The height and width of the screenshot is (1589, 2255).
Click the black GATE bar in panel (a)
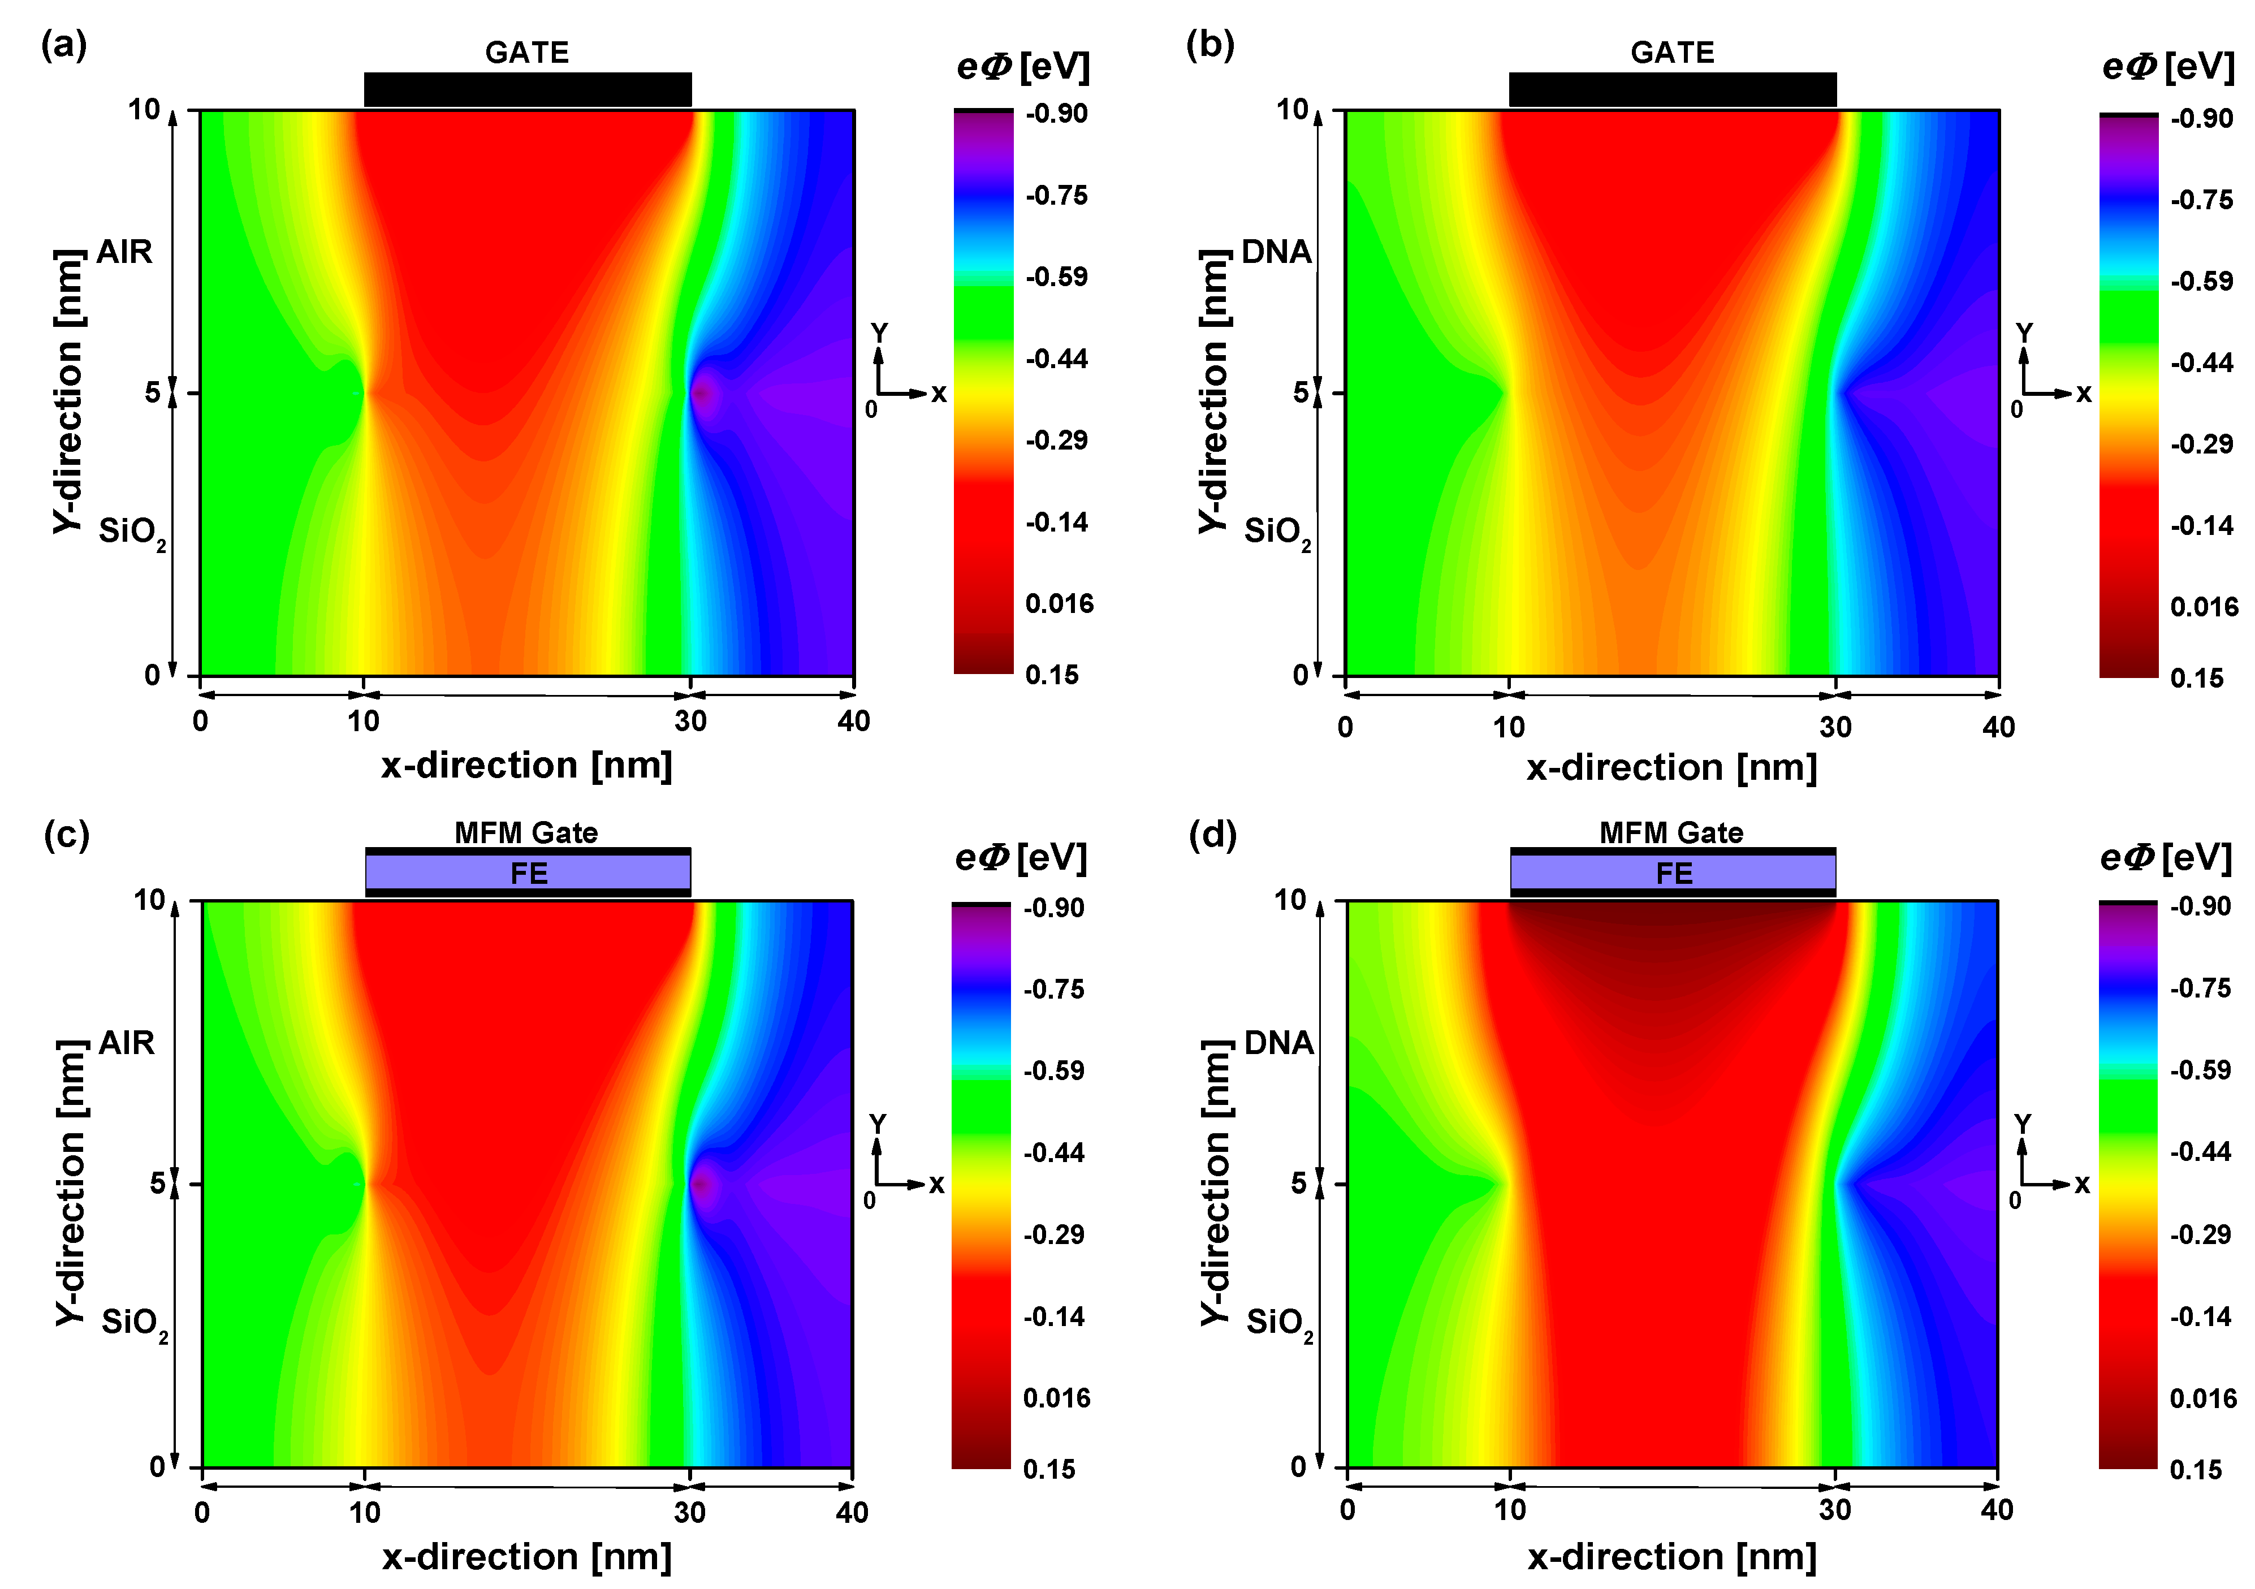click(528, 89)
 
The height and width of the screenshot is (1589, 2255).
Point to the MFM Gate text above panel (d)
click(1671, 833)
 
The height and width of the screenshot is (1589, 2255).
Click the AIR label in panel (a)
click(125, 252)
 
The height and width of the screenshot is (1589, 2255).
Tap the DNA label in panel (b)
click(1276, 252)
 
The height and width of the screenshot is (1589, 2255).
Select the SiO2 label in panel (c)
click(133, 1323)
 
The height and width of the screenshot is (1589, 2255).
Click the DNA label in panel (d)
click(1278, 1043)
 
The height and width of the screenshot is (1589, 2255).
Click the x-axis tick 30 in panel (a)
click(690, 721)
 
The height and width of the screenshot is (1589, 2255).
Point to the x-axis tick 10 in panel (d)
click(1510, 1510)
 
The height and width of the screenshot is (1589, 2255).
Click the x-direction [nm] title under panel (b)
click(1671, 767)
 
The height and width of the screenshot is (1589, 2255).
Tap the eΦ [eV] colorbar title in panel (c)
click(1021, 858)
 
